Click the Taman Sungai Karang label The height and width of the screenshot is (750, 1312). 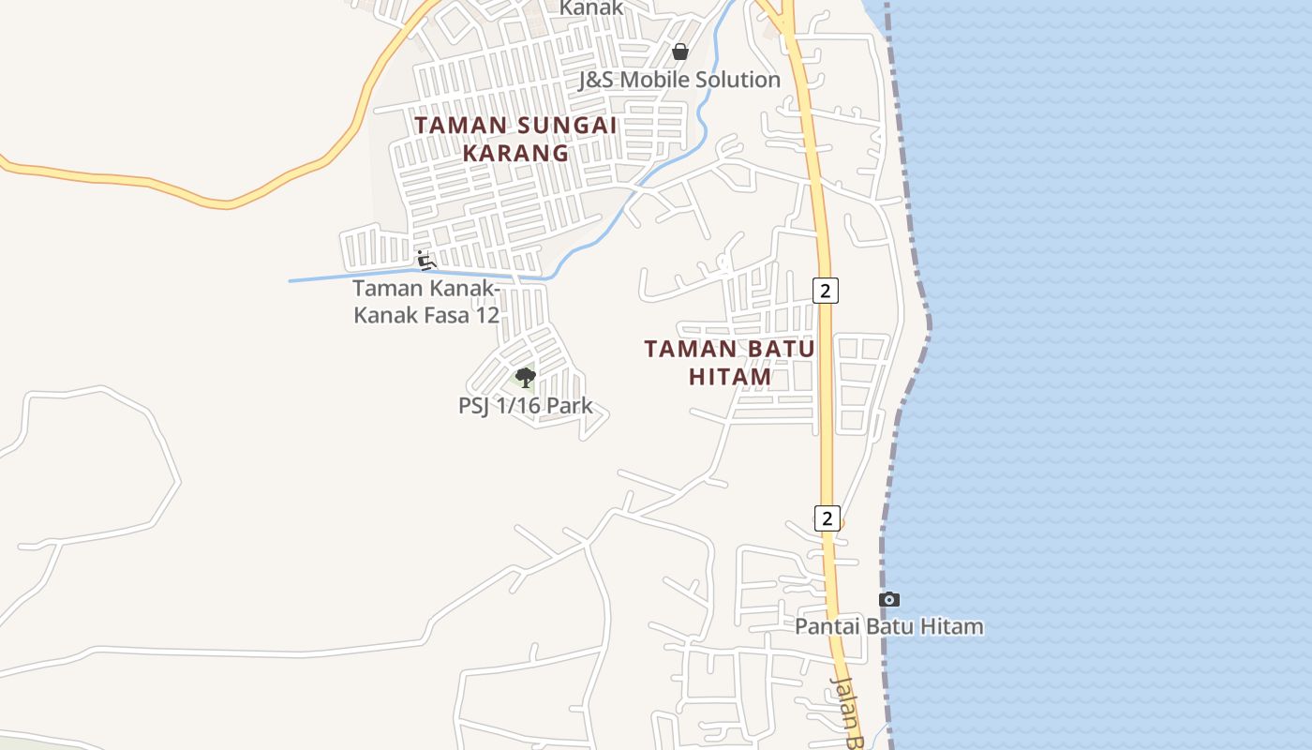pos(516,139)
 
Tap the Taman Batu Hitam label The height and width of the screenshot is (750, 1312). pos(729,363)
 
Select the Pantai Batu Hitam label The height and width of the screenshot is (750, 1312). pos(889,626)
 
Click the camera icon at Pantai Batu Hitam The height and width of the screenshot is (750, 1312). pos(889,599)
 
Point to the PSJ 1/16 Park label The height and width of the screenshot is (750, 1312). pos(525,406)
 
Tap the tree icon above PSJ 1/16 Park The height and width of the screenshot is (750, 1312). pos(525,378)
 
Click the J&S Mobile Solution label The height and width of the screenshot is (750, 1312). pos(679,80)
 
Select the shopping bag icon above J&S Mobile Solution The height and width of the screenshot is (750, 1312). pos(680,52)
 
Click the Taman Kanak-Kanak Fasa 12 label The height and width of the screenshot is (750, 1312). pos(426,302)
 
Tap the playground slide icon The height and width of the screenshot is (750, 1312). pos(426,260)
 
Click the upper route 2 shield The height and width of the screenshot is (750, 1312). pos(825,291)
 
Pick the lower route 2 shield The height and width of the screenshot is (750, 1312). pos(827,517)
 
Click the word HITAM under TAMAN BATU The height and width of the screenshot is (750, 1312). pos(730,377)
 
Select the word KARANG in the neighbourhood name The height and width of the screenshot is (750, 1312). pos(516,153)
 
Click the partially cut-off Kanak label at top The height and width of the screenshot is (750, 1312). pos(591,8)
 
